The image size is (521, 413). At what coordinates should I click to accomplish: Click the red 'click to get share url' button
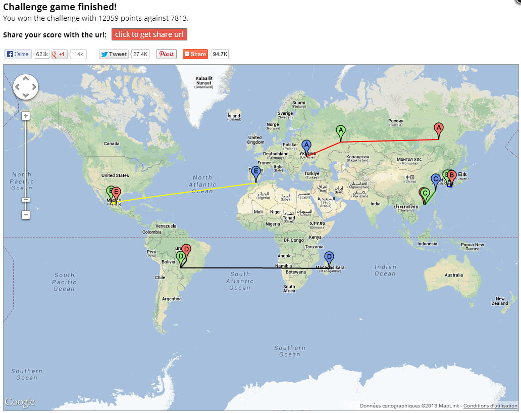149,34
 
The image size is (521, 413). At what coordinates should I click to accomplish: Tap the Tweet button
114,54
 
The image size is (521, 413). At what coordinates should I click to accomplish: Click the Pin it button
167,54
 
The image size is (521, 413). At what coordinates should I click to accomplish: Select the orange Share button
195,54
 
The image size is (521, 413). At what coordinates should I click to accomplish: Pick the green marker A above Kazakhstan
341,132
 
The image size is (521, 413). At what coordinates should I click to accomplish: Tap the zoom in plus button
26,116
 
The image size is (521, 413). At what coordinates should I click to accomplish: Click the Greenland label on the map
204,82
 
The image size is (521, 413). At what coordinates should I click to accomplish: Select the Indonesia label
427,244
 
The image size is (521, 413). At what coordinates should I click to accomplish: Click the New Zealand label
500,301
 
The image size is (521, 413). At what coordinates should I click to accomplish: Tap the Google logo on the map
20,402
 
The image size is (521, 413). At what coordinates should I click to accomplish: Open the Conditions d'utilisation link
490,406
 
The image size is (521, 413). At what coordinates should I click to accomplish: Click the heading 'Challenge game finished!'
60,7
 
